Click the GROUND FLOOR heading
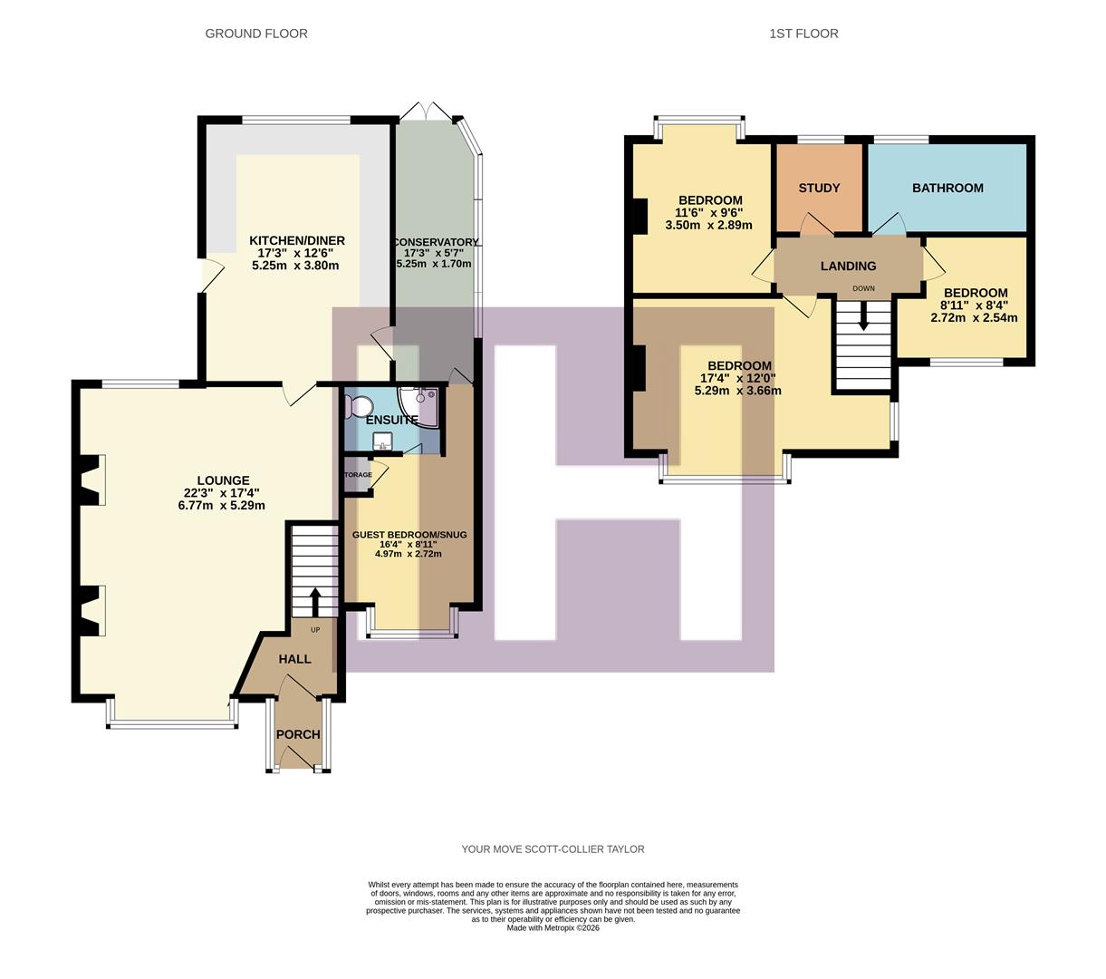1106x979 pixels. click(256, 34)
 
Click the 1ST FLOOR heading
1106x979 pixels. click(803, 34)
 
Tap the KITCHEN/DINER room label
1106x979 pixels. click(297, 240)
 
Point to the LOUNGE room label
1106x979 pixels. click(223, 480)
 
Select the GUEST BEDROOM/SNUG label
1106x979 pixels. click(409, 535)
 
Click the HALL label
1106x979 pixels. click(294, 659)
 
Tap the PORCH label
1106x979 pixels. click(298, 734)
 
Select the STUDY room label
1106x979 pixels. click(819, 188)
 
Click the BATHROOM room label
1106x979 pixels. click(947, 188)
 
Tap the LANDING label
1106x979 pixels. click(848, 266)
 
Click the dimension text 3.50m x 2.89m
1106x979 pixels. click(710, 226)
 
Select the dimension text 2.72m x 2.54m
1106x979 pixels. click(974, 318)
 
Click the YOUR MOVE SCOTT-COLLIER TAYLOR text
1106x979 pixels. click(553, 849)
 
